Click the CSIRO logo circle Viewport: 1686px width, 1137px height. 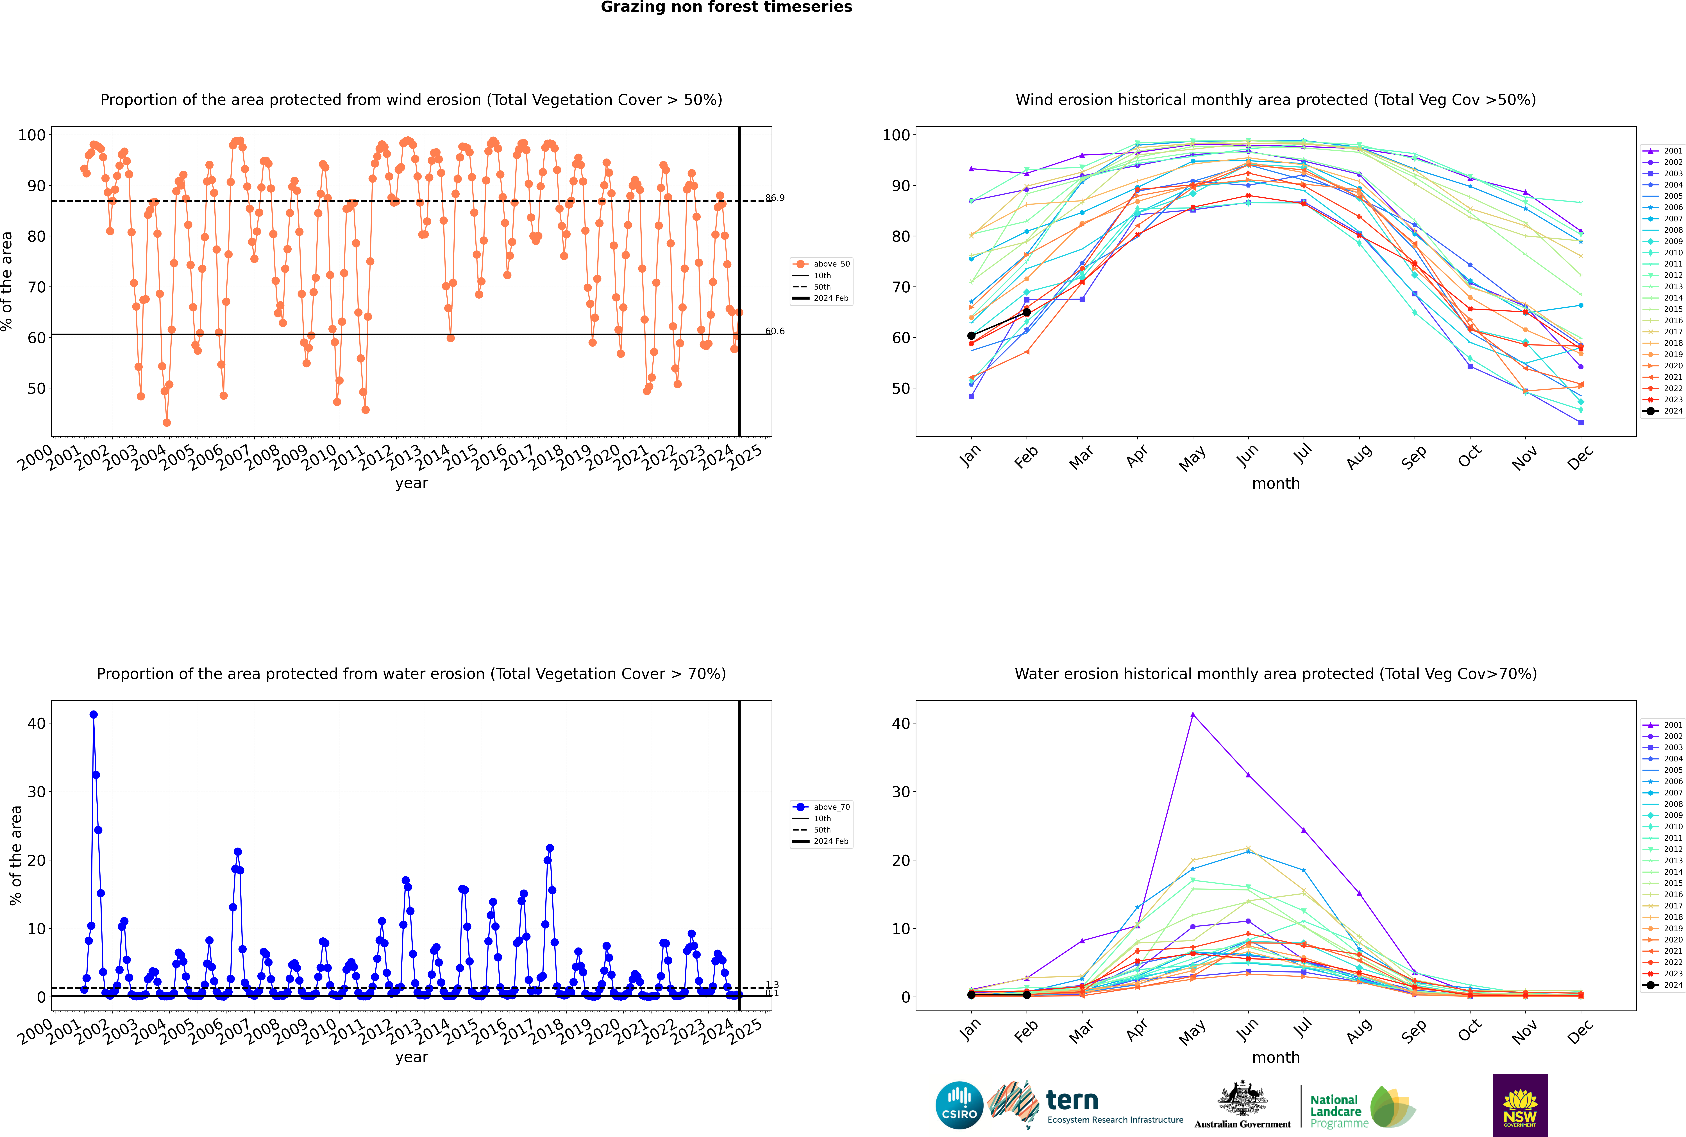(x=959, y=1105)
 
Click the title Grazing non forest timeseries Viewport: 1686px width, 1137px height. (x=726, y=7)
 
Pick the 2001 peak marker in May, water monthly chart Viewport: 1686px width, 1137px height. (x=1192, y=715)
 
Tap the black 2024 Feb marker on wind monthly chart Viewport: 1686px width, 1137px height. (x=1026, y=313)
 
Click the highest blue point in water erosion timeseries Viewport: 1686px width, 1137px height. (x=94, y=715)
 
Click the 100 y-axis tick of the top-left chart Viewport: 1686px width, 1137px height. (x=32, y=135)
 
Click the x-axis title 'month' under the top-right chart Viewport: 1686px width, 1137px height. (x=1276, y=484)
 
